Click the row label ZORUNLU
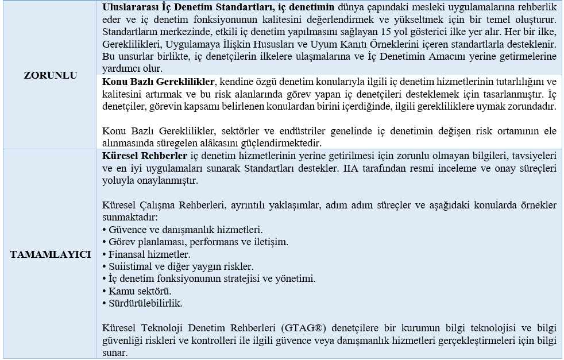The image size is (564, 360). coord(51,75)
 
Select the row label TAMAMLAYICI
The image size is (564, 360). coord(51,254)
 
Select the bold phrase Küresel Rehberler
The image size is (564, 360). coord(144,156)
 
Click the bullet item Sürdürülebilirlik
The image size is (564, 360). coord(142,303)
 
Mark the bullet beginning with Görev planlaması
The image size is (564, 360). coord(195,241)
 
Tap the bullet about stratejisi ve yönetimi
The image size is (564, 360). coord(208,278)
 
